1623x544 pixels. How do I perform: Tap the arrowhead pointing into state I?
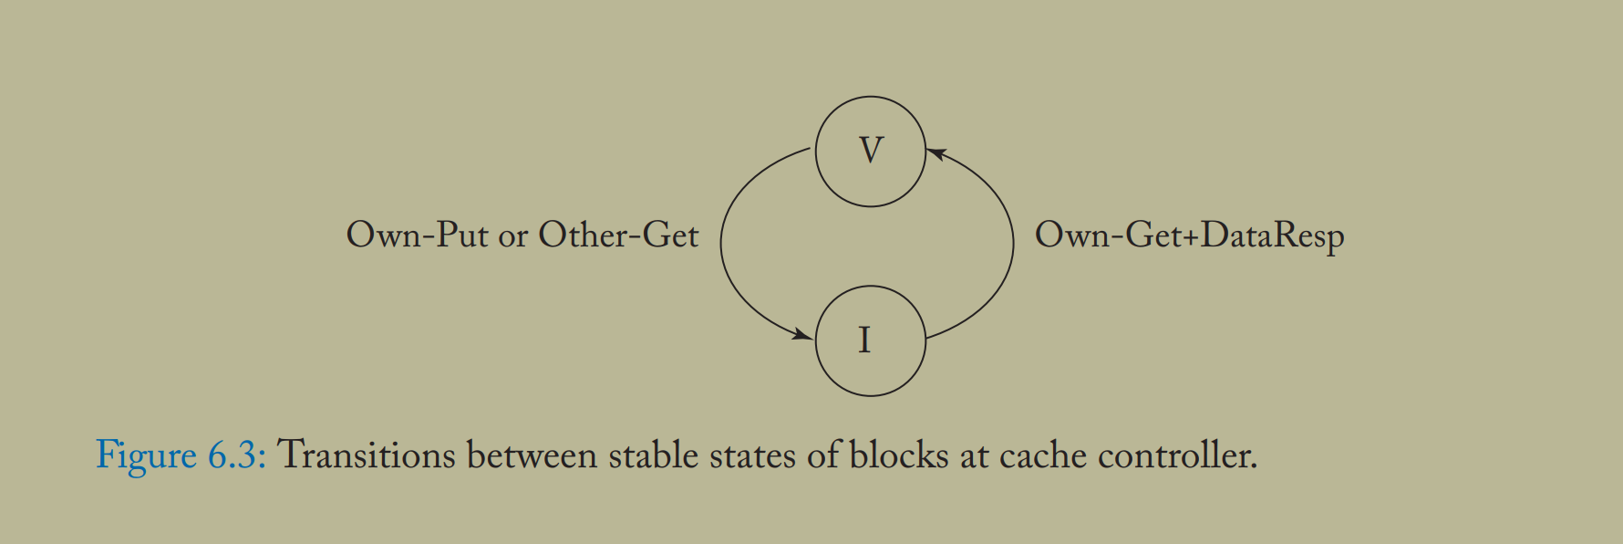(x=803, y=335)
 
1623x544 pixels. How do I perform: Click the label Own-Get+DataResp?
(x=1189, y=235)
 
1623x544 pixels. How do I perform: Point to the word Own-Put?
(x=417, y=235)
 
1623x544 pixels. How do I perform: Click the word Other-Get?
(x=618, y=235)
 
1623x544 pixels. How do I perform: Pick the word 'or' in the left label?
(x=512, y=237)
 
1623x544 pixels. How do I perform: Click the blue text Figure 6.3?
(x=181, y=455)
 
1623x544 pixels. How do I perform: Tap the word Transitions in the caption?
(x=366, y=455)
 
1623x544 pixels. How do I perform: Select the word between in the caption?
(x=532, y=455)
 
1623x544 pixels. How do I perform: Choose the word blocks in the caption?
(x=899, y=455)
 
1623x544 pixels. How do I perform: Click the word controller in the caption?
(x=1176, y=455)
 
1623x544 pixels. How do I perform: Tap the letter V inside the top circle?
(x=871, y=150)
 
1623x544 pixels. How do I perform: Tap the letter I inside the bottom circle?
(x=864, y=340)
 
